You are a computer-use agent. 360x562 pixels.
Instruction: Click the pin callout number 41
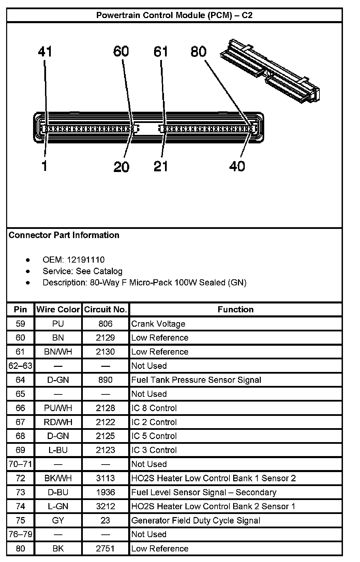pos(45,52)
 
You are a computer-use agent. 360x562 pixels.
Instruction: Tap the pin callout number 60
pos(121,51)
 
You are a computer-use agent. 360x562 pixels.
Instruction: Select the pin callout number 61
pos(161,51)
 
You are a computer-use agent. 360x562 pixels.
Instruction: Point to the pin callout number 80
pos(198,51)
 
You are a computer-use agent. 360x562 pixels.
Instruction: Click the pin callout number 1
pos(44,166)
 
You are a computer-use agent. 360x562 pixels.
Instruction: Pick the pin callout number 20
pos(121,167)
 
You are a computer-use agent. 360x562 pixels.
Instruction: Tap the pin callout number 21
pos(161,166)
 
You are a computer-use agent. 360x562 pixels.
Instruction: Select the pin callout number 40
pos(237,166)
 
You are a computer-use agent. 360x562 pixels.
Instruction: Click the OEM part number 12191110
pos(86,260)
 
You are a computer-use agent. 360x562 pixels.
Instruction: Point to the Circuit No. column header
pos(105,310)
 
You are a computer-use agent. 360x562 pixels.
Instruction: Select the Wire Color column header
pos(58,310)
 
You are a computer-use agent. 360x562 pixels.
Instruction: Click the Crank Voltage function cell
pos(159,324)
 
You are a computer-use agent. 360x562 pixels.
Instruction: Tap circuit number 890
pos(105,380)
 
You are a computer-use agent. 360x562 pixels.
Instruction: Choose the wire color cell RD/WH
pos(58,422)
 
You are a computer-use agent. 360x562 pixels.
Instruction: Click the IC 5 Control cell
pos(154,436)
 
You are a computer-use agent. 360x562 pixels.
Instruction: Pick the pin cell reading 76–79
pos(20,534)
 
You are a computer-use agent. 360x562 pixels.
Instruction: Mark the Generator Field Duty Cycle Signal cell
pos(196,520)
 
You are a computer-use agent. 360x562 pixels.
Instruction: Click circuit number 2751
pos(105,548)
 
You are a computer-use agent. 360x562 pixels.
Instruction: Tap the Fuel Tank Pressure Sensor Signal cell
pos(196,380)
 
